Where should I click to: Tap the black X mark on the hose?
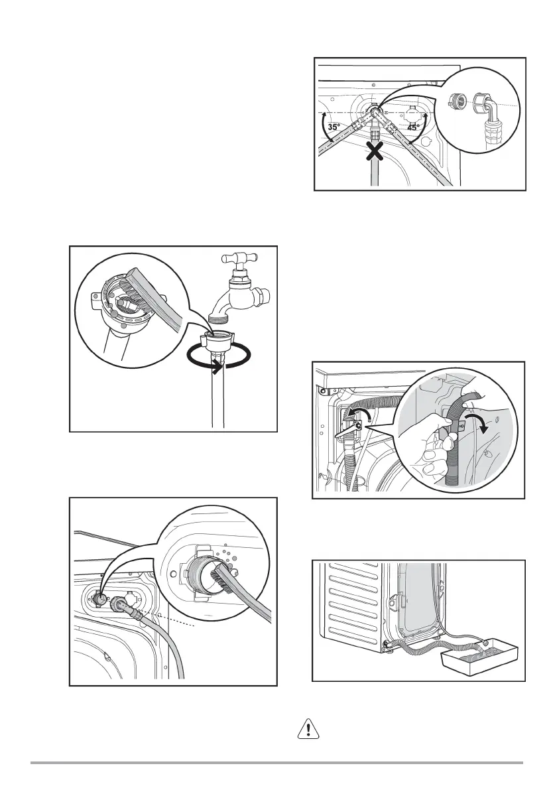375,152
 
